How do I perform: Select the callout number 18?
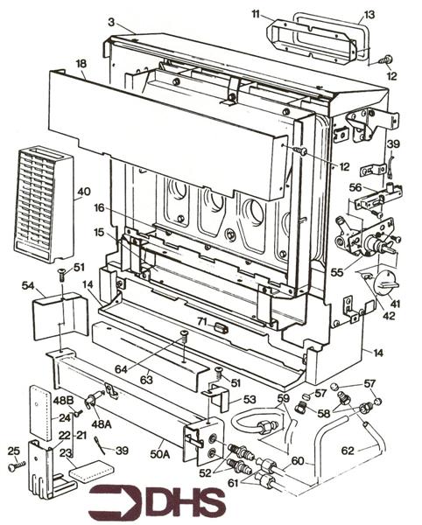(x=81, y=65)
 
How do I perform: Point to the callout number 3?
(x=110, y=20)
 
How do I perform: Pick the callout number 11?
(x=255, y=15)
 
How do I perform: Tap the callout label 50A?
(x=158, y=452)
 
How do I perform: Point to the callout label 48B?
(x=62, y=400)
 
